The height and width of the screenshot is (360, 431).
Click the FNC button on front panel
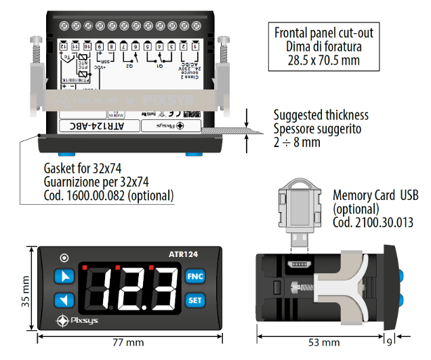194,276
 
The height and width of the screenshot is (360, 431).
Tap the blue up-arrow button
65,277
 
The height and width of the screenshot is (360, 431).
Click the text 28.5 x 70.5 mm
323,61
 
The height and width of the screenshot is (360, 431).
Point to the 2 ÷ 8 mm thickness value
297,142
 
